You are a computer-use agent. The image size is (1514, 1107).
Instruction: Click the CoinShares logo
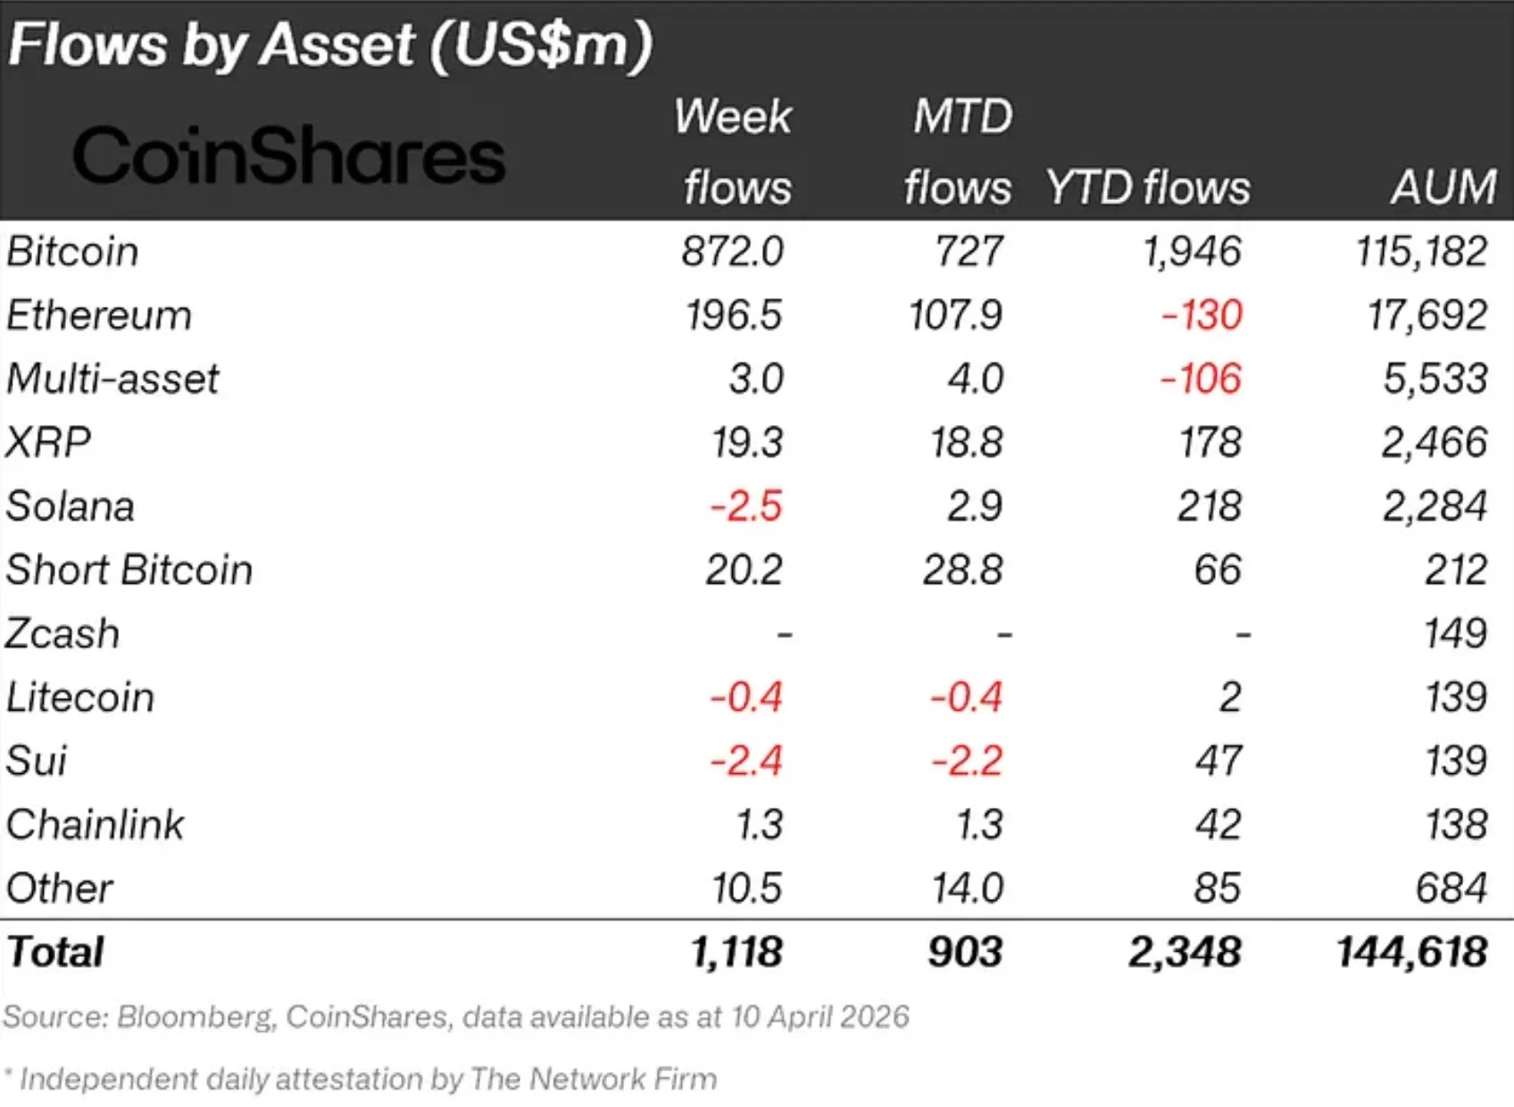pyautogui.click(x=288, y=155)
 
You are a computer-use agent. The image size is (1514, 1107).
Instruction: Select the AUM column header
pyautogui.click(x=1443, y=187)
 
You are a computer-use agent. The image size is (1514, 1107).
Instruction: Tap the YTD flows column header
pyautogui.click(x=1148, y=187)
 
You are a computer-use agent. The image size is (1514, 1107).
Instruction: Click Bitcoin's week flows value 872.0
pyautogui.click(x=732, y=252)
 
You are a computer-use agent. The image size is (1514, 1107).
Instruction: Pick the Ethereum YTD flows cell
pyautogui.click(x=1201, y=315)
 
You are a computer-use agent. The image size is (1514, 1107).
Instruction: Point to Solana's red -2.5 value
pyautogui.click(x=746, y=506)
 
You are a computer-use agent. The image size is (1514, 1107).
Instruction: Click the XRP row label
pyautogui.click(x=47, y=443)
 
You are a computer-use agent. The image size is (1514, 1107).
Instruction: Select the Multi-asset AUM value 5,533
pyautogui.click(x=1435, y=379)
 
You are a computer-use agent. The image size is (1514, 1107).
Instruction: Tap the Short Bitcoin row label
pyautogui.click(x=129, y=570)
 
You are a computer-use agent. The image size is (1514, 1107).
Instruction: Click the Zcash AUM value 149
pyautogui.click(x=1456, y=633)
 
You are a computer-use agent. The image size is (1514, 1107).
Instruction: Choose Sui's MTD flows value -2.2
pyautogui.click(x=967, y=761)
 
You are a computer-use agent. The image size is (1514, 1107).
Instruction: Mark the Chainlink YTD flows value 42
pyautogui.click(x=1218, y=825)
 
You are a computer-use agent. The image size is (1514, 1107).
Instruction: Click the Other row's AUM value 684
pyautogui.click(x=1452, y=888)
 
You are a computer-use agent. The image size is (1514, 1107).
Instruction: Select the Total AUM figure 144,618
pyautogui.click(x=1411, y=953)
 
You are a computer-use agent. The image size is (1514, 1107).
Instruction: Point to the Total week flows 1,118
pyautogui.click(x=736, y=953)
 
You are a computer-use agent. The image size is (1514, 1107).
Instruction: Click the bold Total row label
pyautogui.click(x=55, y=952)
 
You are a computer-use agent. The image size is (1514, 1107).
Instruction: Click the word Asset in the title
pyautogui.click(x=337, y=45)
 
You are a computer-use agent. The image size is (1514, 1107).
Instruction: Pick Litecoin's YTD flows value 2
pyautogui.click(x=1230, y=697)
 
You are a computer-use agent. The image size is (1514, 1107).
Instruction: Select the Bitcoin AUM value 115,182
pyautogui.click(x=1421, y=252)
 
